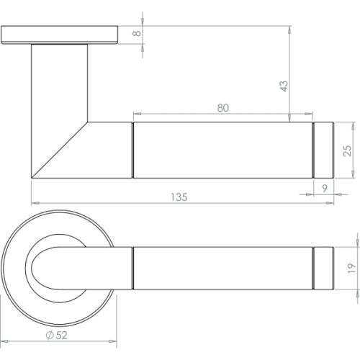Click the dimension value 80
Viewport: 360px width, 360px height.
(222, 107)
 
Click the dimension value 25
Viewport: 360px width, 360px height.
(348, 150)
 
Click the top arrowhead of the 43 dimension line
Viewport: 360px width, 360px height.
(289, 30)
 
